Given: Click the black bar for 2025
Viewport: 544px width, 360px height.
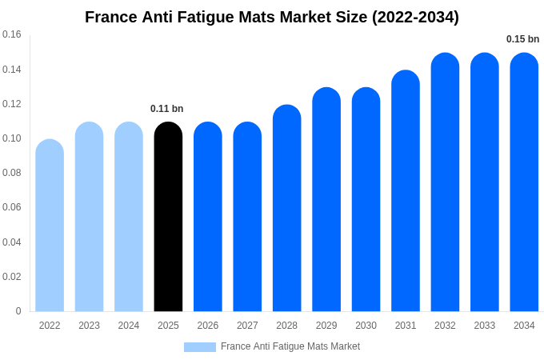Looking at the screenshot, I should (x=168, y=217).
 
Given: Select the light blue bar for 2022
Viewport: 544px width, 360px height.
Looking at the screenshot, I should (x=50, y=226).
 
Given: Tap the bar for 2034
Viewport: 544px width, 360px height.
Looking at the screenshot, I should (x=524, y=182).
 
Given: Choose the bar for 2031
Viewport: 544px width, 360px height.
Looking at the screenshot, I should (x=406, y=191).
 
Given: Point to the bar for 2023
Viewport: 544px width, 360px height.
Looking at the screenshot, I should (x=89, y=217).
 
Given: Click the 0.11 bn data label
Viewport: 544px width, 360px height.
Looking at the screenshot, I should (x=167, y=109).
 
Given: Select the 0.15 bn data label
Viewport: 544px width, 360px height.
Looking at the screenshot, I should (x=522, y=39).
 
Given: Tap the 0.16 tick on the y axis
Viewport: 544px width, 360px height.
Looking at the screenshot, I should (x=12, y=34).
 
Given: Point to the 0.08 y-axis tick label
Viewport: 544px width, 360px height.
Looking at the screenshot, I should (x=12, y=173).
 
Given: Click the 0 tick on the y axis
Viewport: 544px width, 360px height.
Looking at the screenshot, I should (x=18, y=311).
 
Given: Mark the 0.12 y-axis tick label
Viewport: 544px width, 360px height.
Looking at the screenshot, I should (x=12, y=104).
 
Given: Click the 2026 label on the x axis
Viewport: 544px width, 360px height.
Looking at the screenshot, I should (x=207, y=326).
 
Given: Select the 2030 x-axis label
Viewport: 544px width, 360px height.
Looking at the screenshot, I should (x=366, y=326).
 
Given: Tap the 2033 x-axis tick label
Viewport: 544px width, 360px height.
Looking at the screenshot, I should (x=484, y=326).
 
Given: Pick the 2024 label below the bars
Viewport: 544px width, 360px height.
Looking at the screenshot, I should (x=129, y=326).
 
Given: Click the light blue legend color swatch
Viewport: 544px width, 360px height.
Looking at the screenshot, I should (x=199, y=347).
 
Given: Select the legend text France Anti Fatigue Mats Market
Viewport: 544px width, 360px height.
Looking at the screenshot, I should (x=290, y=346).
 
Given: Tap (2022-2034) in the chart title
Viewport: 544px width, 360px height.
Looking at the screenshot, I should (x=415, y=17).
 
